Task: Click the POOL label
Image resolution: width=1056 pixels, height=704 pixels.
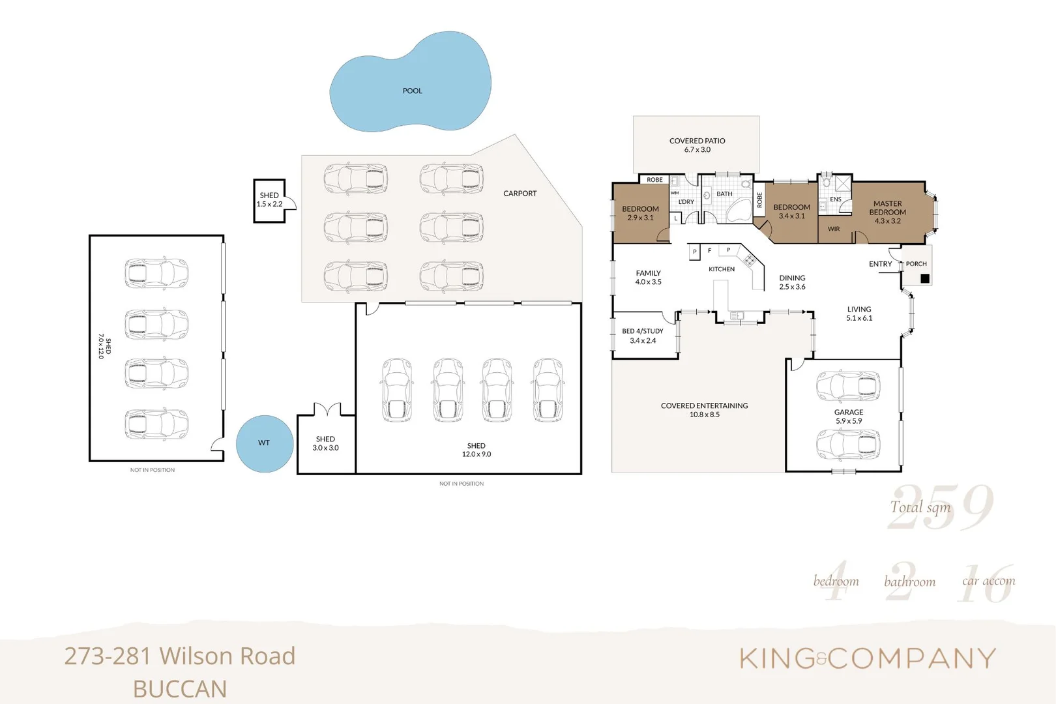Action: tap(412, 91)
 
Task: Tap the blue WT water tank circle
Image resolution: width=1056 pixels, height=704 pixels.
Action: tap(264, 443)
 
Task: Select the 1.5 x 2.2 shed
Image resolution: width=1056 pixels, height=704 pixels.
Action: tap(269, 200)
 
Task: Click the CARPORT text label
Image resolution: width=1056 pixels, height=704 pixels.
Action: tap(520, 194)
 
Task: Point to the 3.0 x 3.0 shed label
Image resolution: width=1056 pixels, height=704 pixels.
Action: tap(325, 443)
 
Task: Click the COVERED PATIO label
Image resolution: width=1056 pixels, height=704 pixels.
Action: tap(697, 145)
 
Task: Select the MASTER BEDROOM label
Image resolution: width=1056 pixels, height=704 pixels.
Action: tap(887, 212)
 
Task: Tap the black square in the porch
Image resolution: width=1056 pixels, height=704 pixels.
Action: tap(924, 278)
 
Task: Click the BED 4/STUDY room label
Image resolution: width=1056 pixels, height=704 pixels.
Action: tap(643, 335)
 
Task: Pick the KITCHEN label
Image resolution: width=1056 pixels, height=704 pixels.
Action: tap(722, 269)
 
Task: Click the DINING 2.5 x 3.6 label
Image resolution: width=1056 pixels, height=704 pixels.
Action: tap(792, 282)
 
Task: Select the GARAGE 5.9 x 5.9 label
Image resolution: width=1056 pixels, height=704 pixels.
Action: tap(849, 416)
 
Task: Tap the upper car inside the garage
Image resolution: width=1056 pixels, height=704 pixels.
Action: tap(847, 386)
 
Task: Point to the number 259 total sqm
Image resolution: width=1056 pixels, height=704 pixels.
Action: tap(941, 507)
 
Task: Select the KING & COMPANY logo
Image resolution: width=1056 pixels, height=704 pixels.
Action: tap(868, 658)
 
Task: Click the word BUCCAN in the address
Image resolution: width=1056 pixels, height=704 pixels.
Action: tap(180, 689)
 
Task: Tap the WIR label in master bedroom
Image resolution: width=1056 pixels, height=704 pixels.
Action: tap(834, 229)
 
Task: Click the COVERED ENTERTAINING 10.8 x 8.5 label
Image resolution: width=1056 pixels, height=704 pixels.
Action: tap(704, 409)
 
